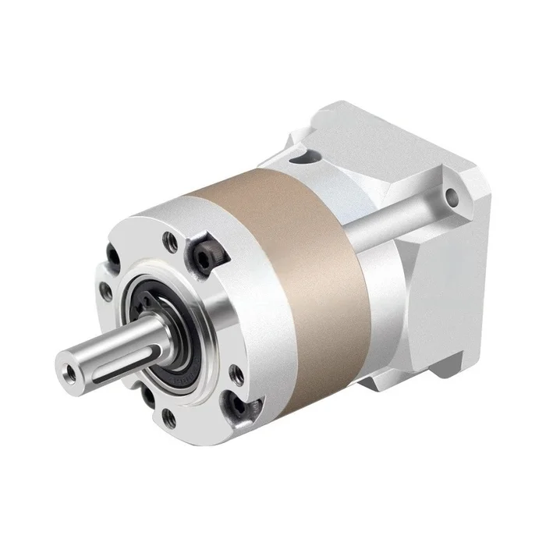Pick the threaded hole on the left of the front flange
[x=105, y=291]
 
